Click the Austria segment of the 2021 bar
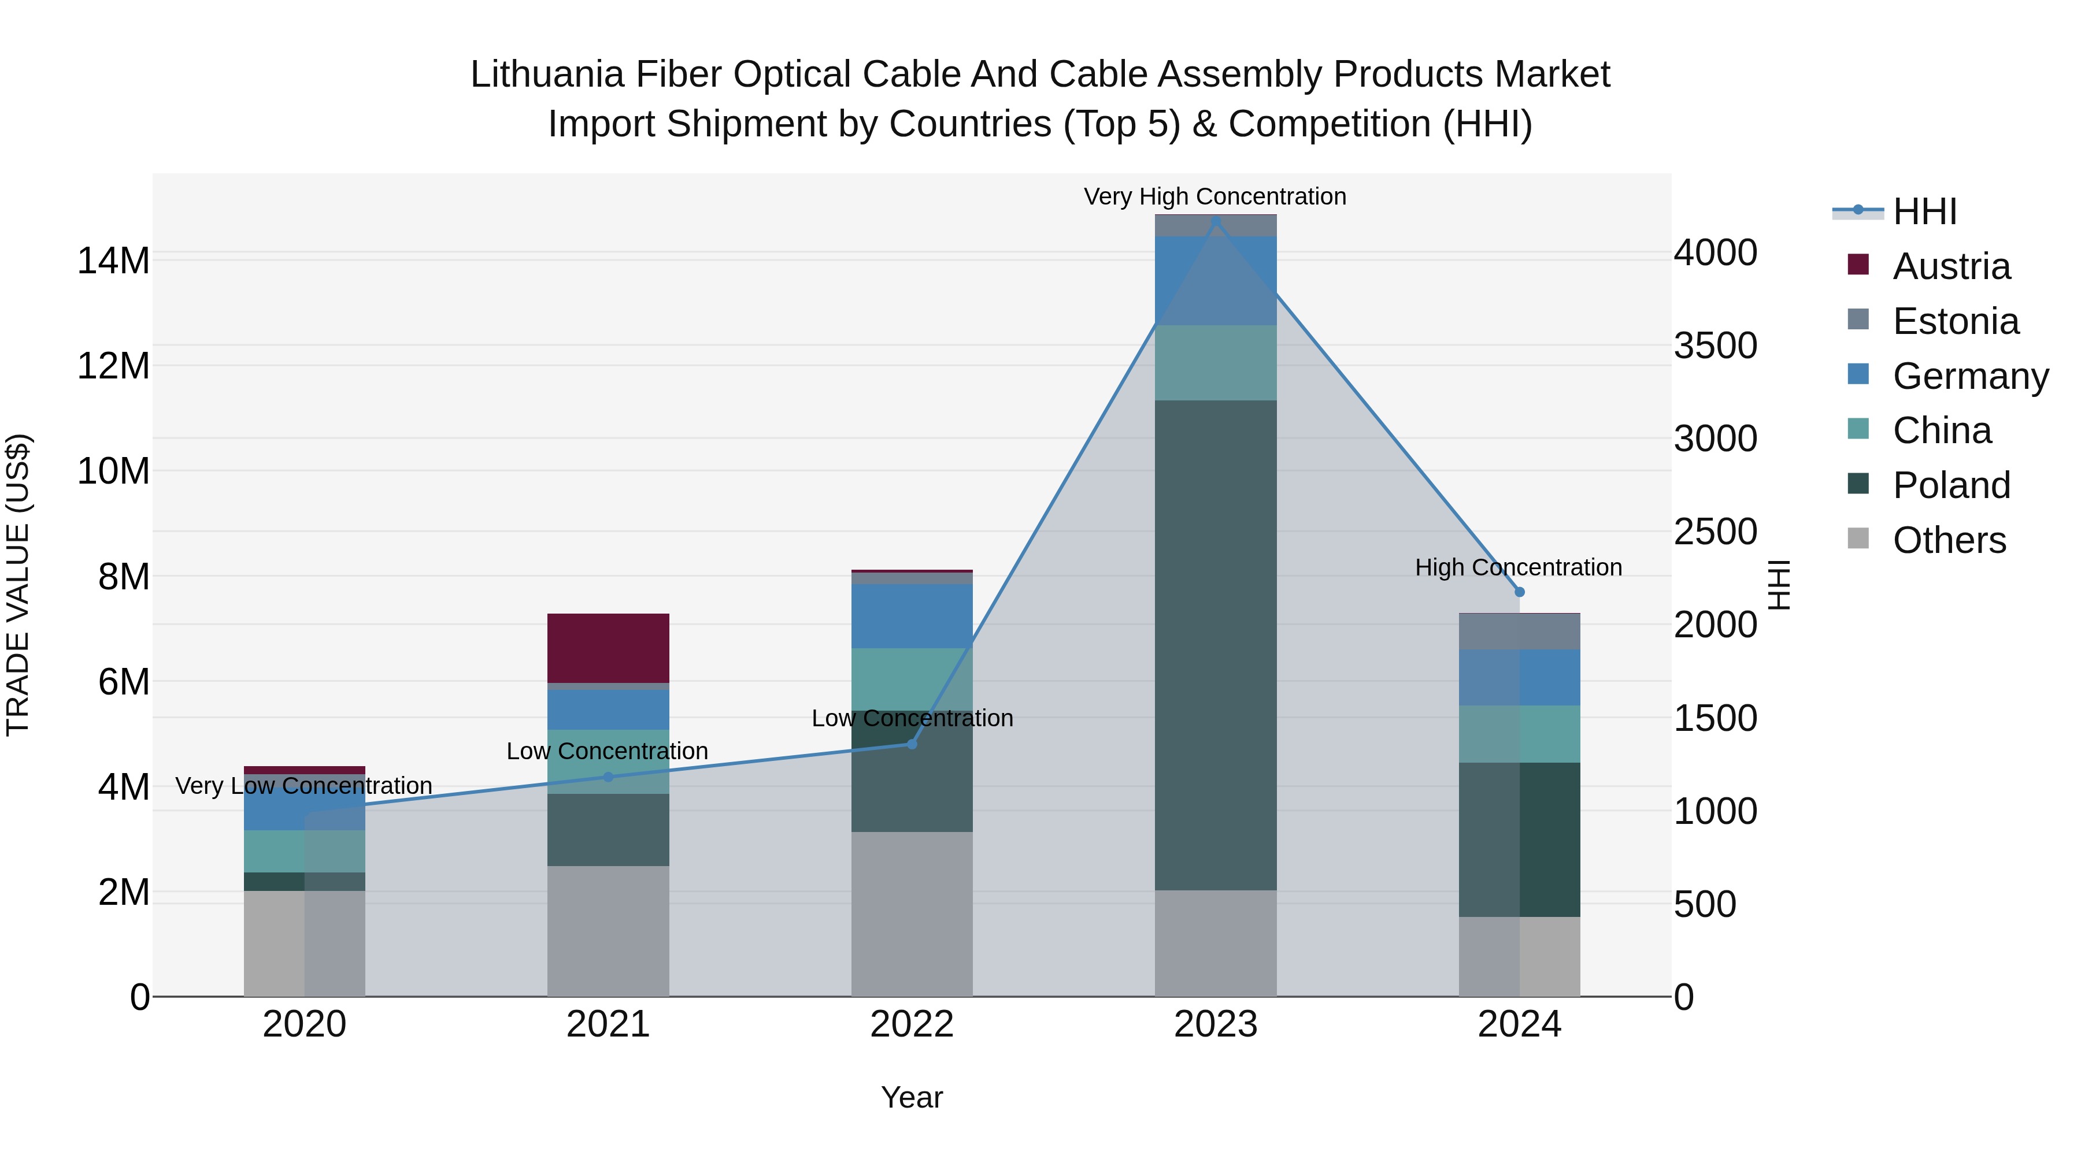tap(608, 648)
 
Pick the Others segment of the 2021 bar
tap(608, 930)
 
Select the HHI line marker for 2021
tap(608, 777)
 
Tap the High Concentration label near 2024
tap(1518, 567)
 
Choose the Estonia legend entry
tap(1955, 321)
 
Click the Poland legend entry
tap(1950, 485)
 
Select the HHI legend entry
tap(1924, 211)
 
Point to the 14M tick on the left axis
tap(113, 261)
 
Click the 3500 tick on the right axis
tap(1715, 346)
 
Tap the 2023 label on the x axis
tap(1215, 1024)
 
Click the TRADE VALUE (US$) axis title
tap(18, 585)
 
